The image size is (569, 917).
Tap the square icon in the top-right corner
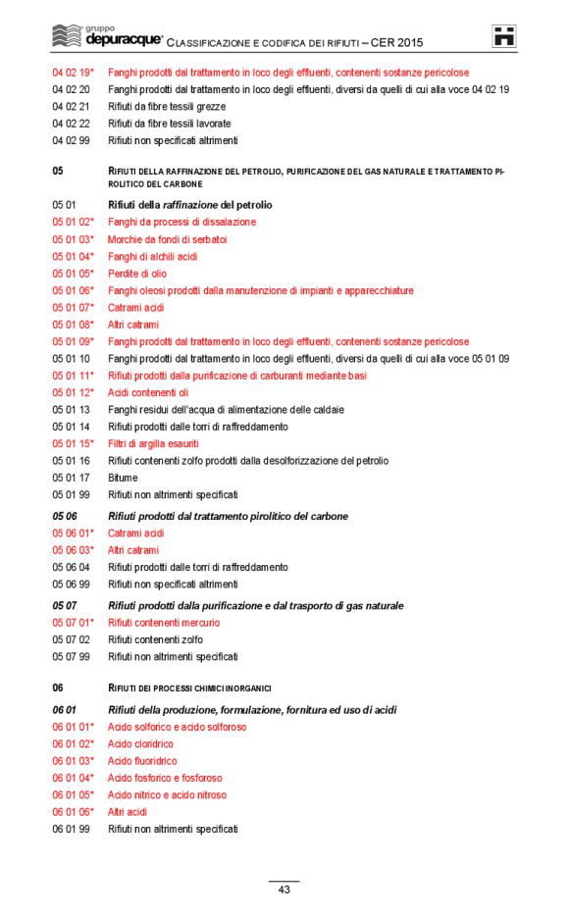click(504, 36)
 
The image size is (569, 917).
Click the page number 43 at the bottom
click(284, 890)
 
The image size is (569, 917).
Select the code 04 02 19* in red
click(74, 73)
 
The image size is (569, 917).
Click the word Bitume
click(123, 478)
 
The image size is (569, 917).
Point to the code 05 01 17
click(71, 478)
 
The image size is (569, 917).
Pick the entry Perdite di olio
click(137, 274)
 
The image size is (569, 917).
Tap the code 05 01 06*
click(74, 290)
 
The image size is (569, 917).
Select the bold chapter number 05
click(58, 171)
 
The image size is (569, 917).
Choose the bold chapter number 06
click(58, 687)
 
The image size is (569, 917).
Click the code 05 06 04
click(71, 567)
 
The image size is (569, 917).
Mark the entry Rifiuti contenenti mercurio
click(164, 623)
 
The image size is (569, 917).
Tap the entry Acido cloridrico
click(140, 744)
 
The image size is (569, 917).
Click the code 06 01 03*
click(74, 761)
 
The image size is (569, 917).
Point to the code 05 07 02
click(71, 639)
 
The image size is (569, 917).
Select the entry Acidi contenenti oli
click(148, 392)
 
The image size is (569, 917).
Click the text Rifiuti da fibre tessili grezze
click(167, 106)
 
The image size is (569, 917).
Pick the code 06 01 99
click(71, 829)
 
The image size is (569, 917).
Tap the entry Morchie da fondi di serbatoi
click(168, 239)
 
